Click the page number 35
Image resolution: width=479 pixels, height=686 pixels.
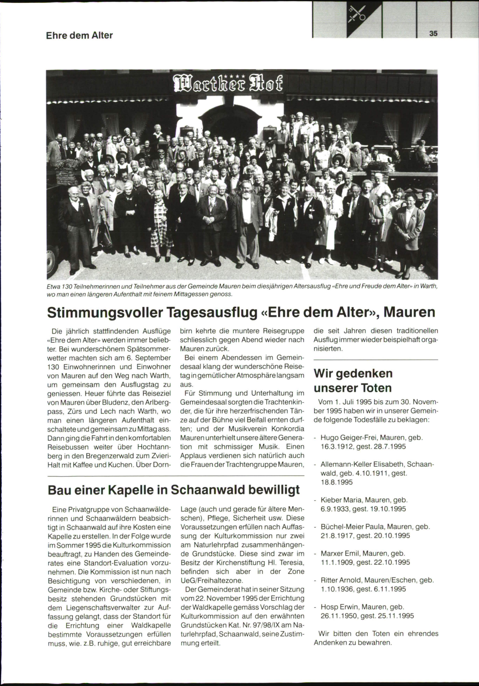click(x=433, y=33)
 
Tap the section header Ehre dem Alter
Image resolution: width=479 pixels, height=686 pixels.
click(x=79, y=35)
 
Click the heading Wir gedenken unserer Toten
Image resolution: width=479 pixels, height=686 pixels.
click(x=353, y=381)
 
